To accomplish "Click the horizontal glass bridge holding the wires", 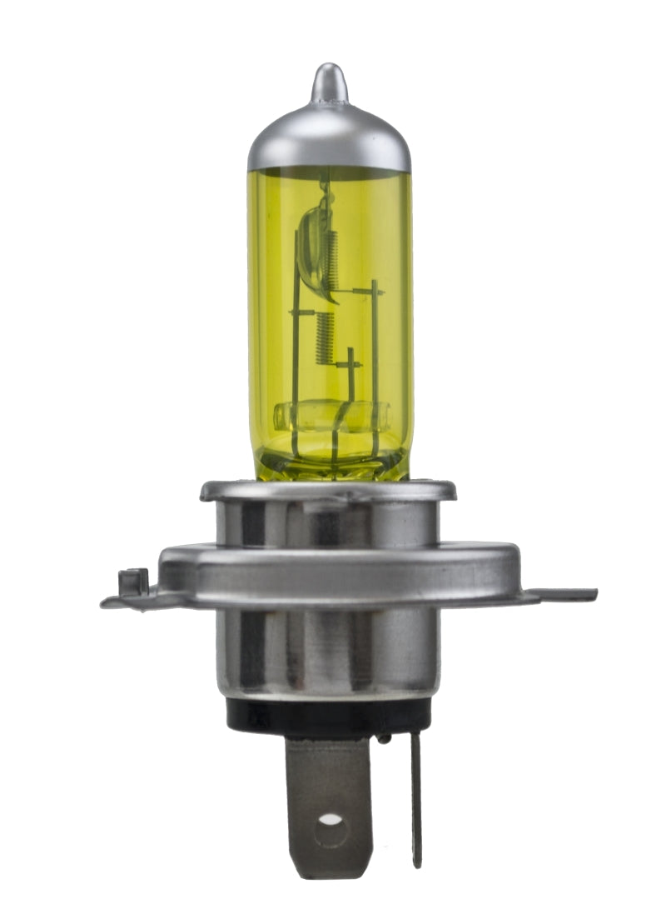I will pos(331,414).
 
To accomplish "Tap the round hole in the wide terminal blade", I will pos(331,819).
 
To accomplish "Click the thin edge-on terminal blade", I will pos(415,800).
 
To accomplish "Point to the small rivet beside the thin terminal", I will pos(384,738).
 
